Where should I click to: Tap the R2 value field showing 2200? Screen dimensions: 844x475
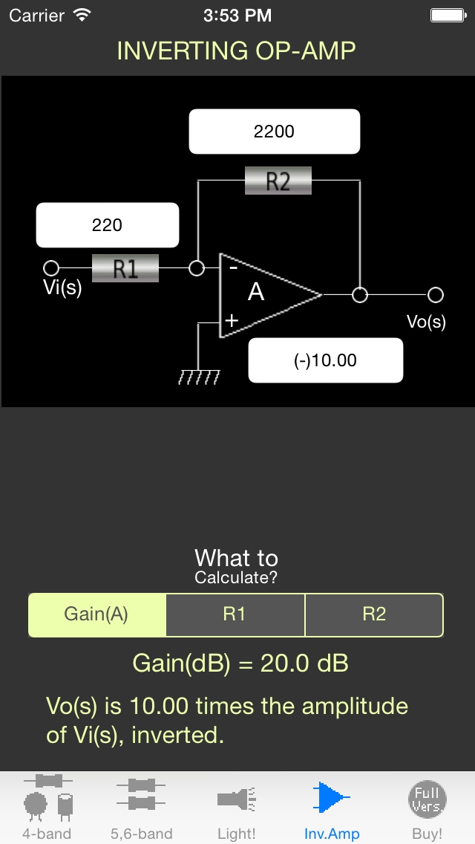click(275, 132)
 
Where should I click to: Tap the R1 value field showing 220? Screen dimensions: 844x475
click(108, 224)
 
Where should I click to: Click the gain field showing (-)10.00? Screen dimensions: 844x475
click(325, 360)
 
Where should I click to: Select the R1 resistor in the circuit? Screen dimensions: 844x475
click(125, 268)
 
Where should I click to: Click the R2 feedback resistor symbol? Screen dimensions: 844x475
click(278, 181)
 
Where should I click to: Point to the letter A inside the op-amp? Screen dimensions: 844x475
click(256, 293)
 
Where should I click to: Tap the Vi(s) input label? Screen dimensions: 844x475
click(62, 288)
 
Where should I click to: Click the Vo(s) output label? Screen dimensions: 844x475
click(426, 322)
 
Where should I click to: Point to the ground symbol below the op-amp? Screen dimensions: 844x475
click(199, 378)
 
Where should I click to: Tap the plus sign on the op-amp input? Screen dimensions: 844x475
click(232, 320)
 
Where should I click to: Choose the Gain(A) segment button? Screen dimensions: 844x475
click(96, 614)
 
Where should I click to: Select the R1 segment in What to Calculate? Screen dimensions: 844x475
click(235, 614)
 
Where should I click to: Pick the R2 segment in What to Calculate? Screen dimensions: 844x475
click(374, 614)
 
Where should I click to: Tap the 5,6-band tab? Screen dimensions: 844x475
click(141, 807)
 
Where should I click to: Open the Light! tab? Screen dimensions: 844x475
click(237, 807)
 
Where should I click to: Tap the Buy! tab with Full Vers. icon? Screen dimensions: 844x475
click(427, 807)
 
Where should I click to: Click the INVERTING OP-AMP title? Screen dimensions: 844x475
click(237, 51)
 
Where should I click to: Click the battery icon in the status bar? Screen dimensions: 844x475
click(448, 15)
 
